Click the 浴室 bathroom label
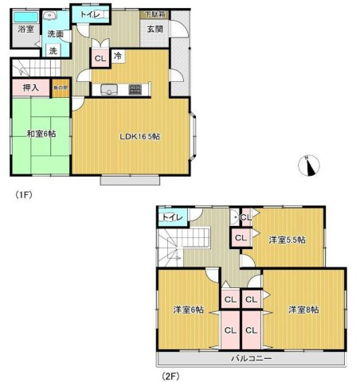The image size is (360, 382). [25, 29]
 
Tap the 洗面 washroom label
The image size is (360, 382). [54, 34]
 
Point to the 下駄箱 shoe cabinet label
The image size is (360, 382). [154, 14]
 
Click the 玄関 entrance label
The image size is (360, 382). [155, 30]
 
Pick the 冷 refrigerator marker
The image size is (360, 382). [117, 57]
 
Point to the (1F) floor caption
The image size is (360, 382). [22, 193]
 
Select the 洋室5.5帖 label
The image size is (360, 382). [288, 239]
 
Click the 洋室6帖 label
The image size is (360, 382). [186, 310]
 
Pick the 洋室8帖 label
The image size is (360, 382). [304, 309]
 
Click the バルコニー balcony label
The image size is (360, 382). [252, 359]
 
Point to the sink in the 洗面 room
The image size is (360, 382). [50, 15]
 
